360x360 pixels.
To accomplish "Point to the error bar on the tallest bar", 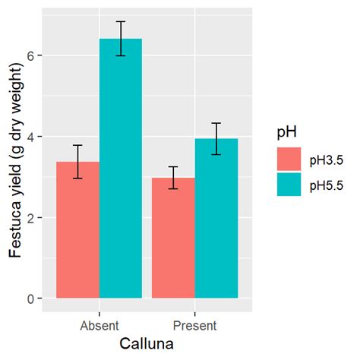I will point(121,39).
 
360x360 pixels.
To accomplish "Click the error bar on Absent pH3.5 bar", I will point(78,161).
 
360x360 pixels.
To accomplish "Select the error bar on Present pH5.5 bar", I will point(216,138).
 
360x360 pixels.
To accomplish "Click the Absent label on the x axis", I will point(99,325).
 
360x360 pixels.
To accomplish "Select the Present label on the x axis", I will point(195,325).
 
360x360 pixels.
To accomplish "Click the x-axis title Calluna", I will point(147,343).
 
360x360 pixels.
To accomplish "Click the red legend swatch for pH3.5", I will point(289,159).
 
